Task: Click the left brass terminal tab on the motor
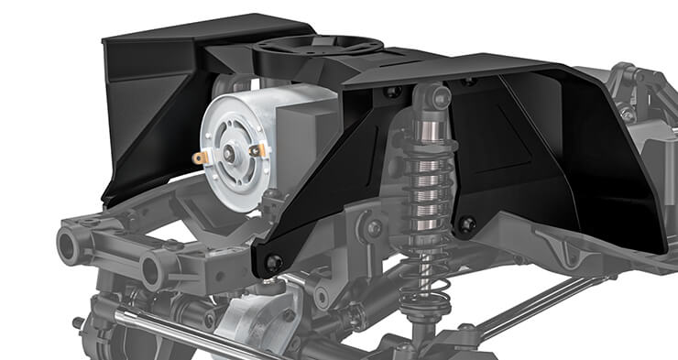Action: pyautogui.click(x=196, y=158)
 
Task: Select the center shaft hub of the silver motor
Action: pyautogui.click(x=230, y=152)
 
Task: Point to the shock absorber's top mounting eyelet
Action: pyautogui.click(x=429, y=96)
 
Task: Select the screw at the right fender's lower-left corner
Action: pyautogui.click(x=468, y=224)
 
